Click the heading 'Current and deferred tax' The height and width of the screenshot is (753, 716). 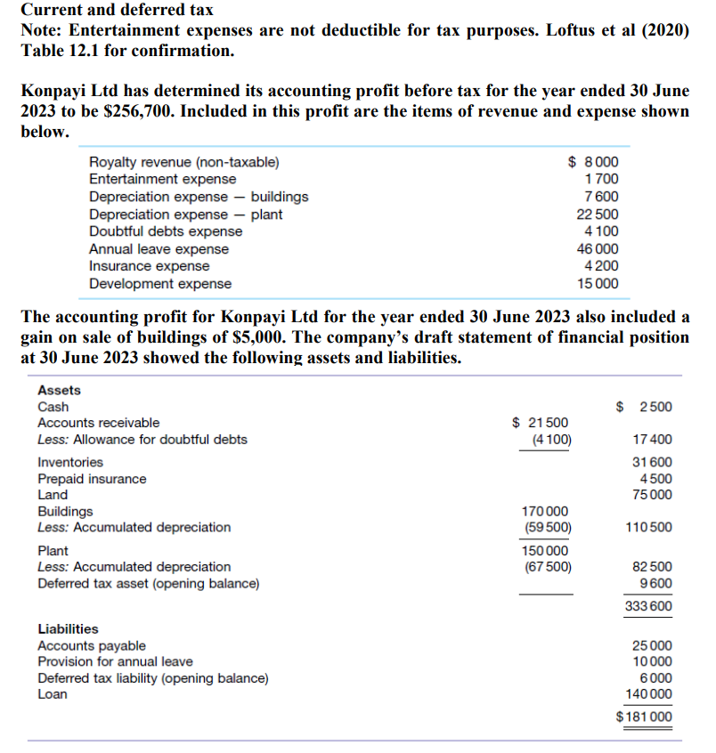coord(117,11)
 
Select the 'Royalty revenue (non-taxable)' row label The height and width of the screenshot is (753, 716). coord(183,162)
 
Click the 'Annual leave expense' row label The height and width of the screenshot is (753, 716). coord(159,249)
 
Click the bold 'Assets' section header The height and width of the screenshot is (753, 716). coord(59,390)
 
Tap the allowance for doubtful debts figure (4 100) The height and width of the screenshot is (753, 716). coord(550,440)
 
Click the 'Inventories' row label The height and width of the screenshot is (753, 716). coord(69,462)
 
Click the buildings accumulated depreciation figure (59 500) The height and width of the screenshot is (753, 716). coord(547,527)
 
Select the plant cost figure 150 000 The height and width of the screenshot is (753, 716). coord(546,550)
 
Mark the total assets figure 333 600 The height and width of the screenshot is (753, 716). coord(648,606)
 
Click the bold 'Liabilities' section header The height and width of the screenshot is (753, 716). coord(68,628)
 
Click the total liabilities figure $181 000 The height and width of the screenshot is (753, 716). coord(644,717)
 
